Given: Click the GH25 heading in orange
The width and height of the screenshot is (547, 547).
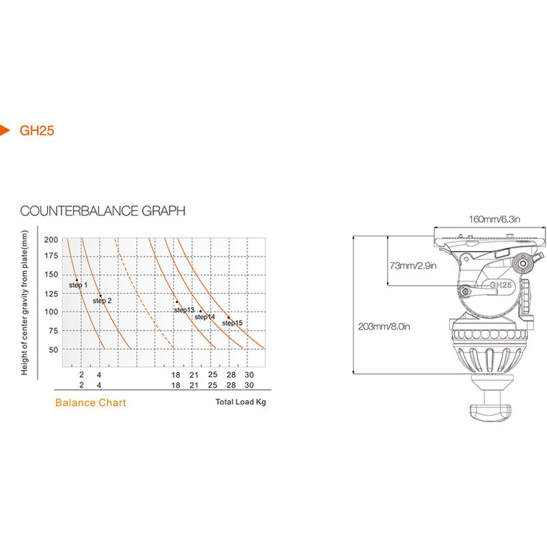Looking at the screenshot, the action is [x=37, y=131].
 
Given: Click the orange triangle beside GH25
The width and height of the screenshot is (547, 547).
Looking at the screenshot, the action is [x=4, y=130].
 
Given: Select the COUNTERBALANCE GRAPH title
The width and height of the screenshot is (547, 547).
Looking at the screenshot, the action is [x=103, y=211].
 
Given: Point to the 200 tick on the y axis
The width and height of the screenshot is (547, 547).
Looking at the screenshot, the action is [x=51, y=240].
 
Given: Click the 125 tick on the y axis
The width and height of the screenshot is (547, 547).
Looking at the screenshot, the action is [x=51, y=294].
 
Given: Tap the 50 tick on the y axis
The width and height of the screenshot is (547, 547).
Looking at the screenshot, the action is [x=53, y=349].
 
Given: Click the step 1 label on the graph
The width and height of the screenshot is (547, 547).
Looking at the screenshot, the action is [x=78, y=285].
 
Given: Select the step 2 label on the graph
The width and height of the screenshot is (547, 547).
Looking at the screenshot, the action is [x=102, y=301].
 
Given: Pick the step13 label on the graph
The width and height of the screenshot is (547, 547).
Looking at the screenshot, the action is [x=184, y=310].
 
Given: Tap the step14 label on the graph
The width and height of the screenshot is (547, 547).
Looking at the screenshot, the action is [x=204, y=317].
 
